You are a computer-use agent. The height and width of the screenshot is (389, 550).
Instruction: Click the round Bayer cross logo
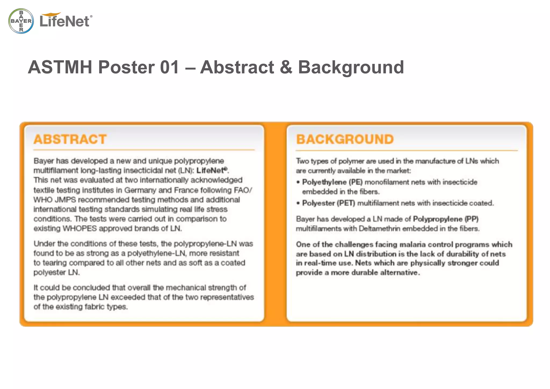pos(21,21)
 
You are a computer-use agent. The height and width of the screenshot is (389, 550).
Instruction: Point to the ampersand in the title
pos(286,67)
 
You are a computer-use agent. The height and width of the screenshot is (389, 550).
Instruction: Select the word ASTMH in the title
pos(60,67)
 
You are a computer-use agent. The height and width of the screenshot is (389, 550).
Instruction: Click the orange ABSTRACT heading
pos(70,139)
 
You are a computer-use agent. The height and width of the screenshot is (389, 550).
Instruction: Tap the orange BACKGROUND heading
pos(345,139)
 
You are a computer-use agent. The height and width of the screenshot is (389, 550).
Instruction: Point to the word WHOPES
pos(79,228)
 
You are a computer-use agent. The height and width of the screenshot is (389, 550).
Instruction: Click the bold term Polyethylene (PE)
pos(332,182)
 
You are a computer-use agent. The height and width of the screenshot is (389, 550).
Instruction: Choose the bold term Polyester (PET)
pos(328,203)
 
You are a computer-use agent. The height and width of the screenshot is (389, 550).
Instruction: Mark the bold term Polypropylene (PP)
pos(446,219)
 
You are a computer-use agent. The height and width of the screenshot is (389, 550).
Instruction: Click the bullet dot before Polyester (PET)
pos(298,203)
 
